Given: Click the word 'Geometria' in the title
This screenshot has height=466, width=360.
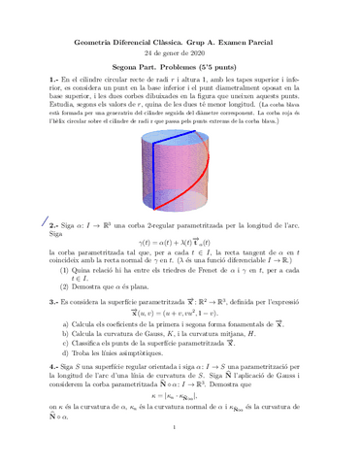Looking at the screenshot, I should [97, 38].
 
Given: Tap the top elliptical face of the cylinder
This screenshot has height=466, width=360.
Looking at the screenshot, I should [180, 140].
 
